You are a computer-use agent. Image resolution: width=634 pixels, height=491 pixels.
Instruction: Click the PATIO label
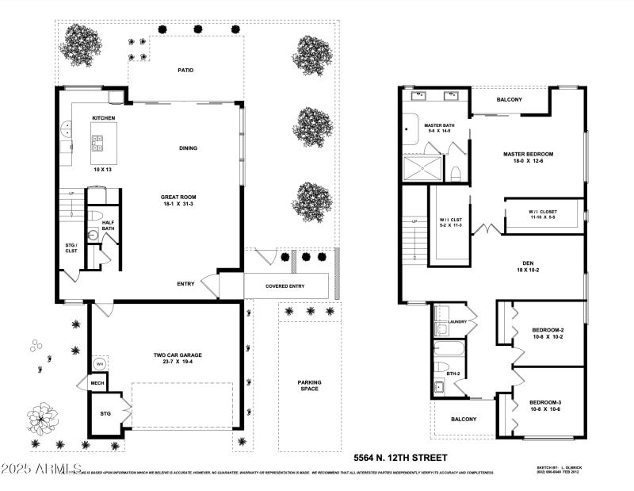(x=185, y=70)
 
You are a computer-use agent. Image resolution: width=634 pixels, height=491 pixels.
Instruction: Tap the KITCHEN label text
(x=104, y=118)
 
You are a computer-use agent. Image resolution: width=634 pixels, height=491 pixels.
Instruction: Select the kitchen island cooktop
(x=98, y=142)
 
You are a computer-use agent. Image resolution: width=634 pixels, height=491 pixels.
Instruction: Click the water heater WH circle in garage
(x=100, y=363)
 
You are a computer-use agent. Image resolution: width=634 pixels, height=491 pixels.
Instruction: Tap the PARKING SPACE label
(x=309, y=386)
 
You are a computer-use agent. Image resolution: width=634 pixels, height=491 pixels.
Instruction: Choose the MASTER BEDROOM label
(x=528, y=153)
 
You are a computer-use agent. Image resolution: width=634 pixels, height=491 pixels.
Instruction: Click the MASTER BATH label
(x=438, y=125)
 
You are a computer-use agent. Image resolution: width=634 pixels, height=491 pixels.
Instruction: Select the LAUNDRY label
(x=457, y=322)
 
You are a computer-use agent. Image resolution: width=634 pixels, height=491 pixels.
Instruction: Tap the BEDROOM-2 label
(x=548, y=329)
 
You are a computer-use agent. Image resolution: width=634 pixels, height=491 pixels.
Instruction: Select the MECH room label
(x=97, y=383)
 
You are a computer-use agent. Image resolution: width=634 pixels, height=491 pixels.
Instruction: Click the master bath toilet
(x=456, y=173)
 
